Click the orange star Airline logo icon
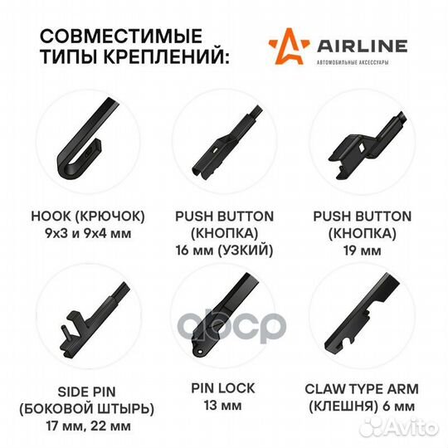coord(289,46)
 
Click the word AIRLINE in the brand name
coord(362,46)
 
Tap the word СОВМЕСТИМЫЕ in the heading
coord(121,36)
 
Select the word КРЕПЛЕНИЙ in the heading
coord(166,56)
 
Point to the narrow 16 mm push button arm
coord(226,143)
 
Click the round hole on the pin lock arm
coord(200,351)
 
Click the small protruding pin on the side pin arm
coord(66,332)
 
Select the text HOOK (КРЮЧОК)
coord(88,217)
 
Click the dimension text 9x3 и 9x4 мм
coord(88,233)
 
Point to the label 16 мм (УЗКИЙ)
coord(224,251)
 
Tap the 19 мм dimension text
coord(362,251)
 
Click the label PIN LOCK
coord(223,388)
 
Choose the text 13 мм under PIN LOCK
coord(222,406)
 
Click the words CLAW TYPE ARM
coord(362,389)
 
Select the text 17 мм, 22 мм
coord(89,426)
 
